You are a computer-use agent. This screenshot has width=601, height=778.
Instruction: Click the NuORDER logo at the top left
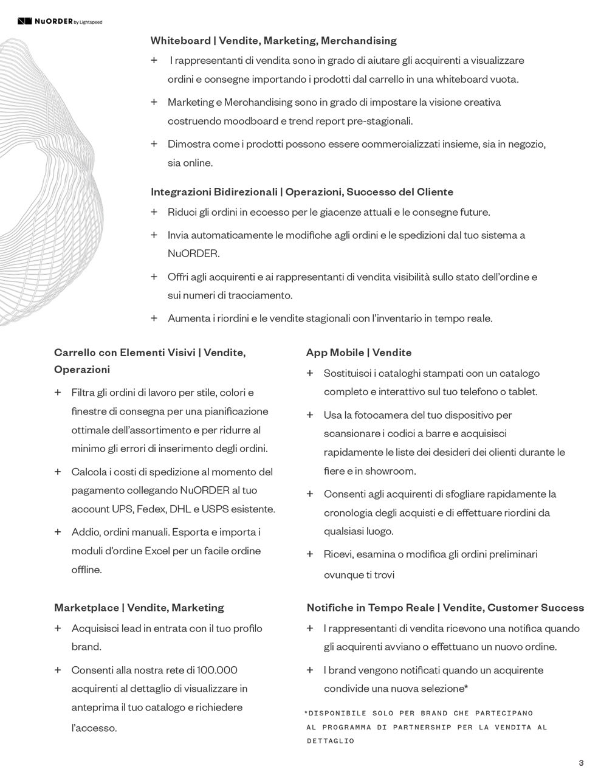coord(59,22)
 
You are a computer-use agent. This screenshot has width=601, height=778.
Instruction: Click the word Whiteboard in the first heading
coord(180,41)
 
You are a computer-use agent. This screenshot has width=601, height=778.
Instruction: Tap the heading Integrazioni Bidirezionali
coord(214,192)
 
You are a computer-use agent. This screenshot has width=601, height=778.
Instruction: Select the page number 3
coord(581,763)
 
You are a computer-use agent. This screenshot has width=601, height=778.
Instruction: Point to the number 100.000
coord(217,670)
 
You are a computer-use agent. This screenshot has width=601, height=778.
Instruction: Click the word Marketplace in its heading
coord(86,608)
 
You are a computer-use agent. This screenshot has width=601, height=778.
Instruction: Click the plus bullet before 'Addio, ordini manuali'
coord(58,532)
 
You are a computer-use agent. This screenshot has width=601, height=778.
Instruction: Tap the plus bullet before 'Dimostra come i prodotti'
coord(154,144)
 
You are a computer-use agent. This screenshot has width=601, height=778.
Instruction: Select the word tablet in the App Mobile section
coord(524,392)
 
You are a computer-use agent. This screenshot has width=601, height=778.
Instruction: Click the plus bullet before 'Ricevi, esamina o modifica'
coord(310,554)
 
